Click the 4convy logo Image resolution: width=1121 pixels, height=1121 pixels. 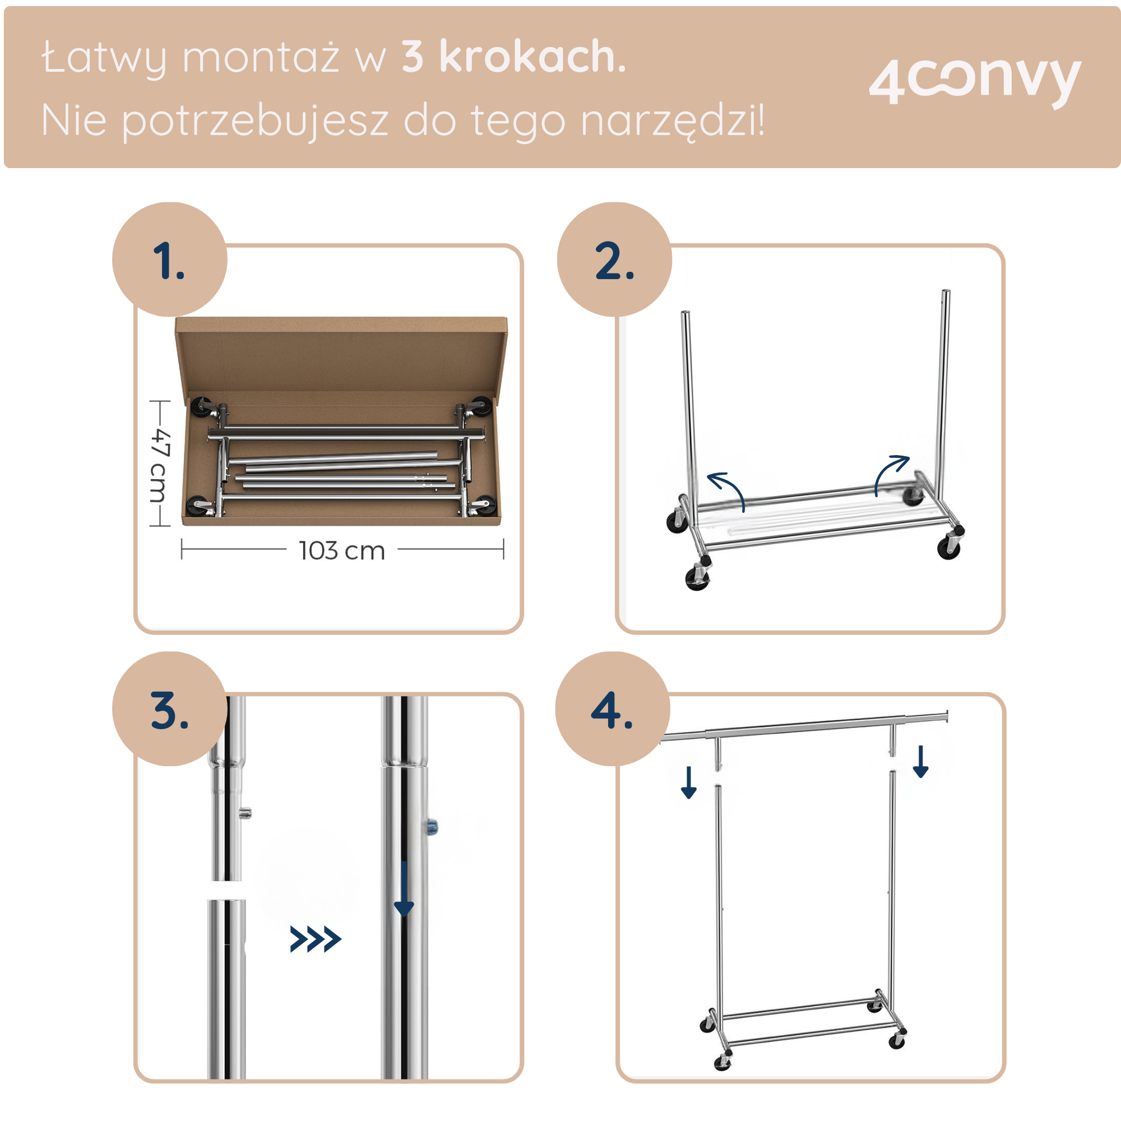974,81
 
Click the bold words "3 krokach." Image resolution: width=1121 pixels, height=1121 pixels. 513,57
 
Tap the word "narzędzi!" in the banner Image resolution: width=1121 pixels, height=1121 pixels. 673,121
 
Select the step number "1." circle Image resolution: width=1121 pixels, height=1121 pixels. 169,260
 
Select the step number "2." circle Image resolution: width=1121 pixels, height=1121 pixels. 614,260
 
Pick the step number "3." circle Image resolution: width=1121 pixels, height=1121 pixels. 169,708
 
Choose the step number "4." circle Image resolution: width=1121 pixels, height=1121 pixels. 612,708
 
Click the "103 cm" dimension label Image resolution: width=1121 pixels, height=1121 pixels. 342,550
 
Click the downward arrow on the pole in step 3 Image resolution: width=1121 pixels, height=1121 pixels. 403,888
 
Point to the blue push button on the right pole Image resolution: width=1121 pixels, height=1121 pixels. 433,825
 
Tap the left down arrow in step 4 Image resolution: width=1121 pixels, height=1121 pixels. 689,782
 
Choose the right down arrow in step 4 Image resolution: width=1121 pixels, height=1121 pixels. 921,761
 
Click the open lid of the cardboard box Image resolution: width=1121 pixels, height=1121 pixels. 341,354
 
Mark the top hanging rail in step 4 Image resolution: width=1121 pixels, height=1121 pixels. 804,726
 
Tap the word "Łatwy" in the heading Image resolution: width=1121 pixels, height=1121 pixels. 104,58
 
